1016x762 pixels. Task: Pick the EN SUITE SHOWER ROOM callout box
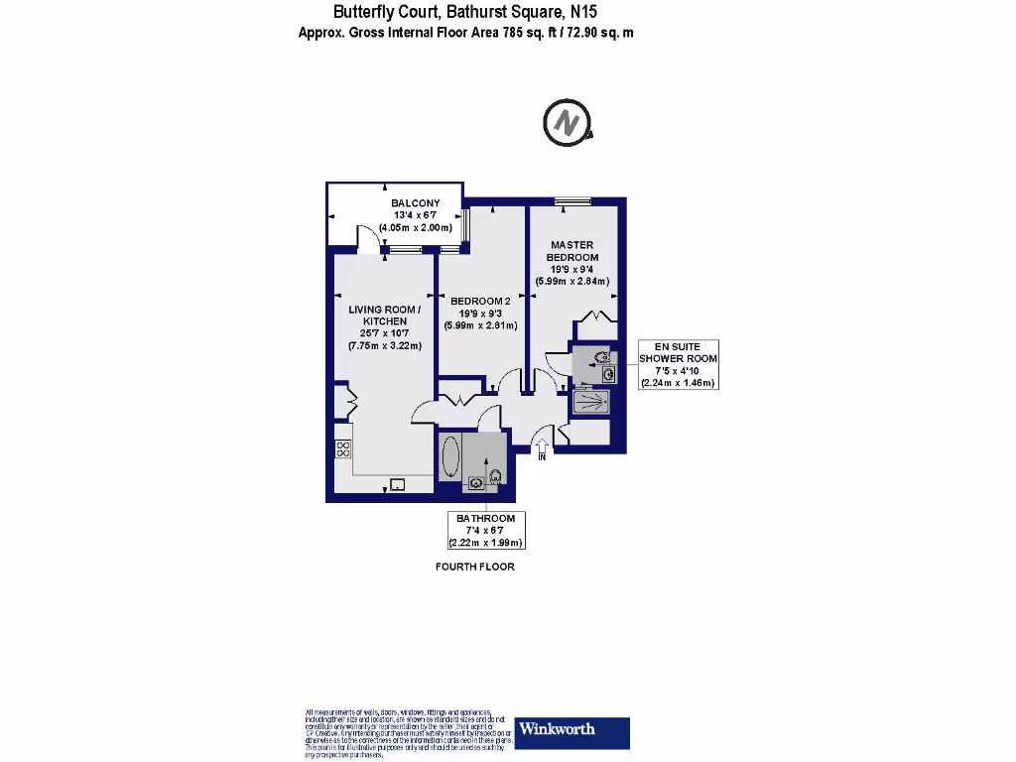pos(678,364)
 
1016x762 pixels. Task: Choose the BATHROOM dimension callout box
pos(485,531)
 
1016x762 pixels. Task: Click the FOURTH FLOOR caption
pos(475,568)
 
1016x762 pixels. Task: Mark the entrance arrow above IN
pos(542,441)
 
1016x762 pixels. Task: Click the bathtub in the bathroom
pos(449,459)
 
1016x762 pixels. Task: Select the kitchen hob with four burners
pos(343,449)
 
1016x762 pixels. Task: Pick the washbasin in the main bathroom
pos(476,483)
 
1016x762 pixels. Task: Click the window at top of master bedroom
pos(573,203)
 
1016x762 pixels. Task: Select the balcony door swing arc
pos(367,238)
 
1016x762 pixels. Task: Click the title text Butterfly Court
pos(382,12)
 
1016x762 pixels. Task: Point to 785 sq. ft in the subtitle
pos(513,32)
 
